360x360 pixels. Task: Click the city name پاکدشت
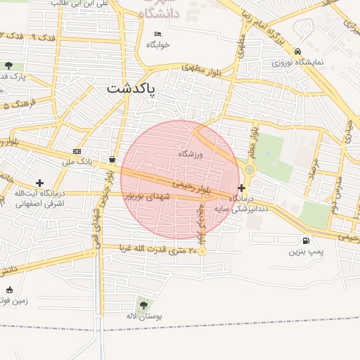tap(131, 89)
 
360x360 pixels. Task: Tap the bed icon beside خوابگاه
tap(158, 34)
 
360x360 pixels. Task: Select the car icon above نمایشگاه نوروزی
tap(299, 51)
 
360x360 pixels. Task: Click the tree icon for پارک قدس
tap(8, 65)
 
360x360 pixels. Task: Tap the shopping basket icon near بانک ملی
tap(112, 159)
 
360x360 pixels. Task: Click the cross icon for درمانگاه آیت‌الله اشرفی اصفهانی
tap(39, 183)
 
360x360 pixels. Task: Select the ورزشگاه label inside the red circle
tap(190, 153)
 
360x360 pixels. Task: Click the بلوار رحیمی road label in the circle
tap(193, 186)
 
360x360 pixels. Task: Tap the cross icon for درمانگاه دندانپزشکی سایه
tap(242, 188)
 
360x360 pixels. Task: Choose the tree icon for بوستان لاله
tap(144, 305)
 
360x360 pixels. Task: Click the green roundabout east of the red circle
tap(250, 169)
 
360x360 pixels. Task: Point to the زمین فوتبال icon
tap(9, 290)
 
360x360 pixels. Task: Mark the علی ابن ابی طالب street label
tap(82, 4)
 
